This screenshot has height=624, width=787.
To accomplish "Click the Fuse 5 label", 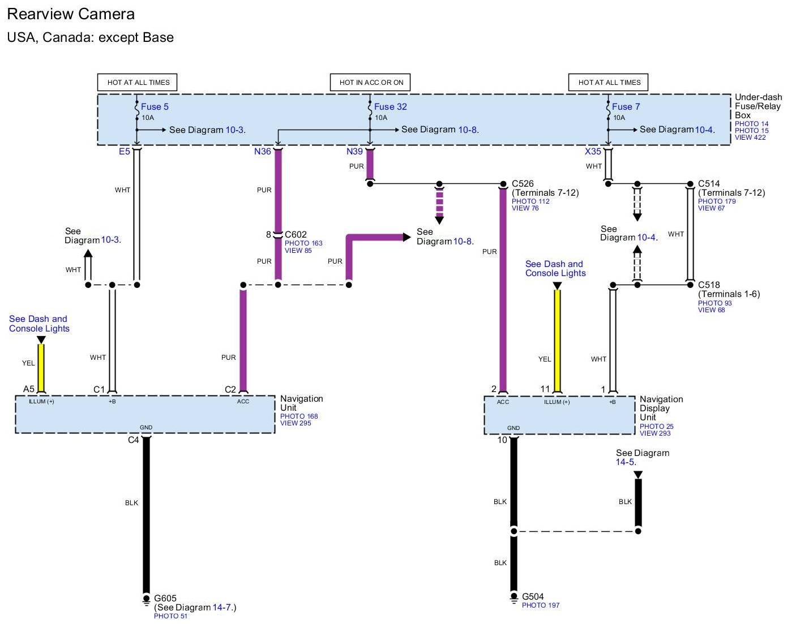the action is [155, 107].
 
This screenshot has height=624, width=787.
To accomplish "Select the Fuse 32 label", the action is [390, 107].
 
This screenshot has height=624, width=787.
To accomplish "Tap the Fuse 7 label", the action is [626, 107].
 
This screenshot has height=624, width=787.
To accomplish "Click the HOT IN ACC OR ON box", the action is [370, 82].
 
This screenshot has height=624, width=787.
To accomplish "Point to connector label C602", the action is [296, 234].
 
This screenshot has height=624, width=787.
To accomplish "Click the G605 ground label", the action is [165, 598].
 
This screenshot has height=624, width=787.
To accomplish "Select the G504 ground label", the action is [532, 596].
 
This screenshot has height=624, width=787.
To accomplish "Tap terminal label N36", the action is [263, 152].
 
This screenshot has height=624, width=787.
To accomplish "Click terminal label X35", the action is [593, 152].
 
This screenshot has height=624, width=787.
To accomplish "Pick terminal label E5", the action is [125, 152].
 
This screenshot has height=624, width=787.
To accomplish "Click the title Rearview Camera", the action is [71, 14].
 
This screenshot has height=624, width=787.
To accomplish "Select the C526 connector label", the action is [523, 183].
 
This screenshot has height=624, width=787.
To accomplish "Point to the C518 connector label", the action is [709, 285].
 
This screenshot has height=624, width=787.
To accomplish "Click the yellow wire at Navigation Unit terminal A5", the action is [41, 368].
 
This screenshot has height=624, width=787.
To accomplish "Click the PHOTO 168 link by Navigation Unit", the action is [299, 416].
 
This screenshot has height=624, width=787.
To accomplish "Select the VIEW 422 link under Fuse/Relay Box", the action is [750, 137].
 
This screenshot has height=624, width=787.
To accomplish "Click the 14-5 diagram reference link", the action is [626, 462].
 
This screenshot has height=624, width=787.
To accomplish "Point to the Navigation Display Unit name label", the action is [661, 408].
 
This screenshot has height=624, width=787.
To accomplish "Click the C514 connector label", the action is [709, 183].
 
